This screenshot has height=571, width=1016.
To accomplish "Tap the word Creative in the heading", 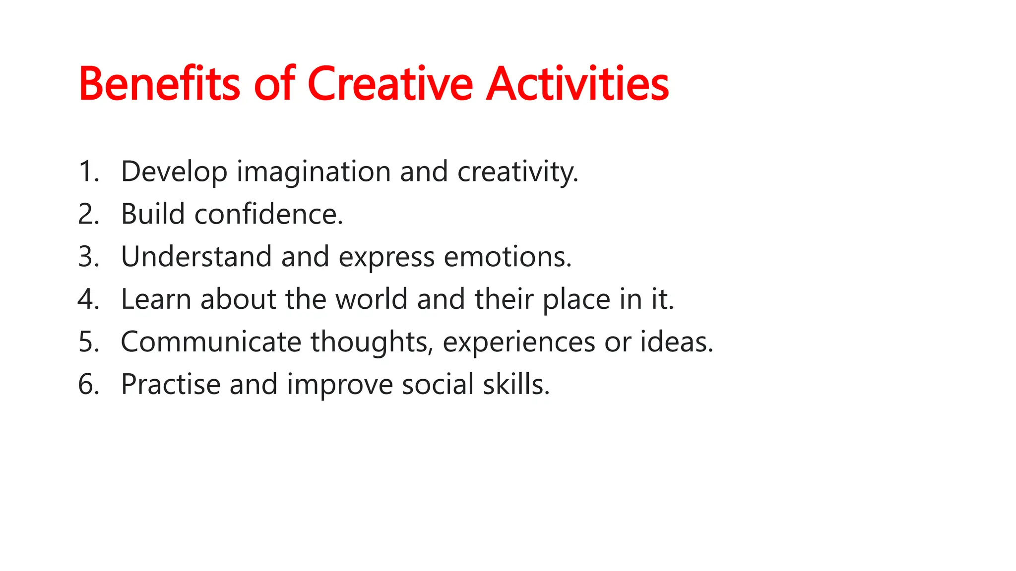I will (390, 84).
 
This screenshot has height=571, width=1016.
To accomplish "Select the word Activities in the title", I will (577, 84).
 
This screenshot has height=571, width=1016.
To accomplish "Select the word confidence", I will (268, 215).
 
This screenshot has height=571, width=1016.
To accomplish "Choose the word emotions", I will (507, 257).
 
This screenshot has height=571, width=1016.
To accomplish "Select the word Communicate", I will (211, 342).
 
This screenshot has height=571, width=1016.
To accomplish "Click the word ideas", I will (676, 342).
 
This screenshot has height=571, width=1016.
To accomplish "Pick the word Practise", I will (170, 385).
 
